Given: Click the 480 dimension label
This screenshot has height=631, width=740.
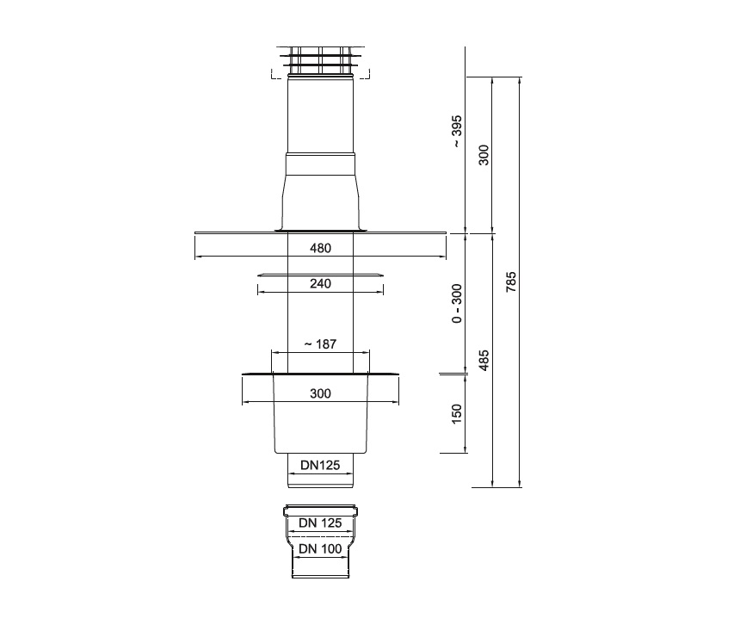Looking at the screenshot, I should coord(320,248).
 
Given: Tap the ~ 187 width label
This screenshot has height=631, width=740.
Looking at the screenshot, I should coord(320,343).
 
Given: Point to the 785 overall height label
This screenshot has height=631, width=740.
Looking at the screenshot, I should coord(511,282).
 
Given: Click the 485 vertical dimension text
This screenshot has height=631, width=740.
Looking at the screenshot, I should coord(484,359).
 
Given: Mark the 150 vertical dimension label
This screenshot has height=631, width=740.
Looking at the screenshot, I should coord(457,413).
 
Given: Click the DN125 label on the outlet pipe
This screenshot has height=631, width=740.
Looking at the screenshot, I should coord(320,465).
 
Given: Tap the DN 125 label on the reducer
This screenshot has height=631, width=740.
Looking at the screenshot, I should coord(320,523).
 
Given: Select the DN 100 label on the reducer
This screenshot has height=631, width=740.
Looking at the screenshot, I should coord(320,548).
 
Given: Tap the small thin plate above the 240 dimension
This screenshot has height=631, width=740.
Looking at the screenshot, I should coord(319,275).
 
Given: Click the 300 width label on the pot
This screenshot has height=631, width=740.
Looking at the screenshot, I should coord(320,393).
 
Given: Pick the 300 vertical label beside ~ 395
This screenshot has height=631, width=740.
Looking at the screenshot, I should coord(484,155).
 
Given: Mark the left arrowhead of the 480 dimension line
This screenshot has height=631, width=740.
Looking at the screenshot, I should coord(197,257).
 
